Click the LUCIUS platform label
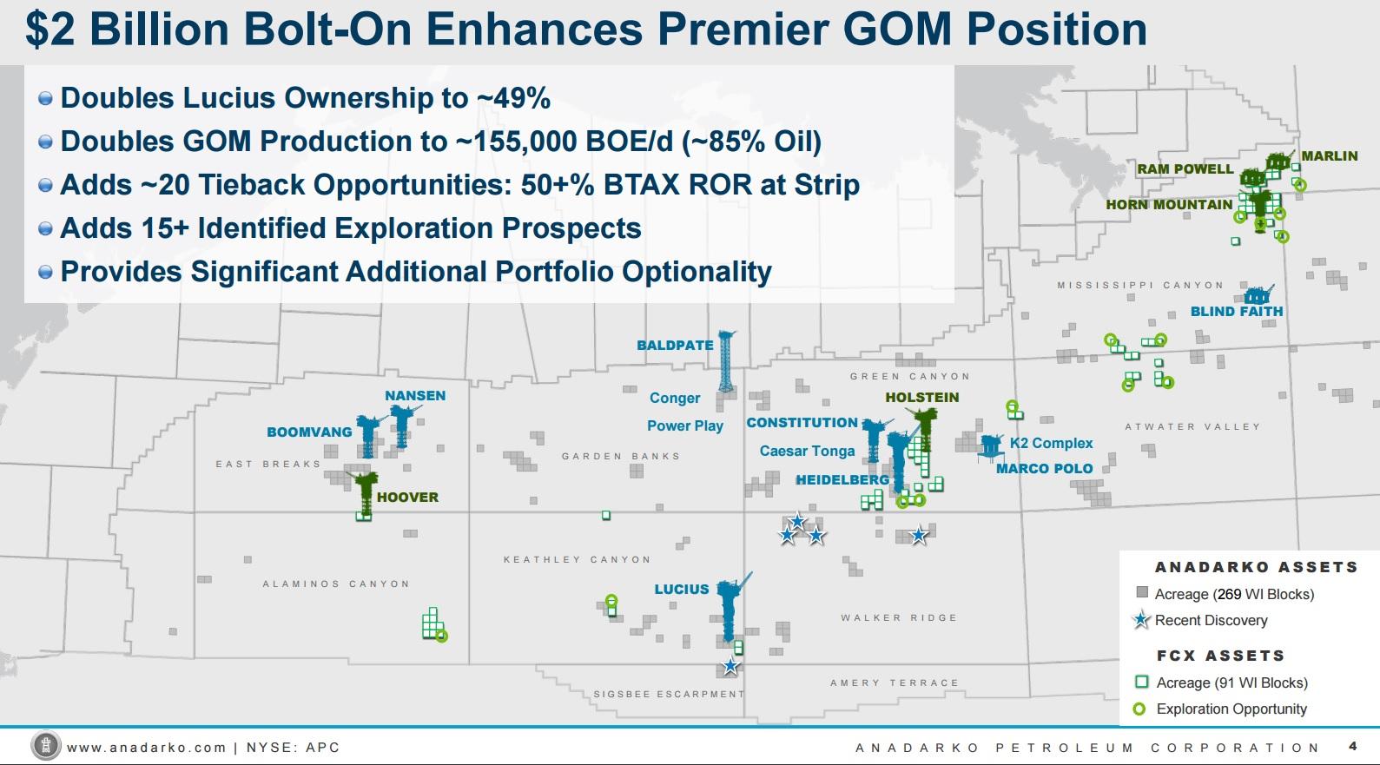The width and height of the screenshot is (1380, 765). tap(681, 589)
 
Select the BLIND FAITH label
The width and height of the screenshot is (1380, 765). tap(1236, 311)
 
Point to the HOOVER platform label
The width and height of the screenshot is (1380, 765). tap(407, 497)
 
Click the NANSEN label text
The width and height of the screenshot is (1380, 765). tap(415, 395)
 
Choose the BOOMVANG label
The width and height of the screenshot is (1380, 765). tap(309, 432)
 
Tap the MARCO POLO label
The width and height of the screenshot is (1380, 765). tap(1044, 468)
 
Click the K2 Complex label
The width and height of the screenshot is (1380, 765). tap(1051, 443)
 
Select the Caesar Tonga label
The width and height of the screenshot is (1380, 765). tap(807, 451)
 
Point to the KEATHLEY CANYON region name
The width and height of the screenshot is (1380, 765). tap(577, 559)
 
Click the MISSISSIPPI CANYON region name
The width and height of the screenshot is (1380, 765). tap(1139, 285)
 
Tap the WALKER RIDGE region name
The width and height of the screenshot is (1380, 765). tap(898, 617)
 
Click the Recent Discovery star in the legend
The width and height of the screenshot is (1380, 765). tap(1142, 620)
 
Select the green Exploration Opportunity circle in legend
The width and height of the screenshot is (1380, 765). tap(1139, 709)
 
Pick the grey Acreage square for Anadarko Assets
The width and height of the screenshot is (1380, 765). tap(1142, 593)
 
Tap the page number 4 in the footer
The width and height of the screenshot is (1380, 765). tap(1352, 746)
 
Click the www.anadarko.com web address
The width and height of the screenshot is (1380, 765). tap(146, 747)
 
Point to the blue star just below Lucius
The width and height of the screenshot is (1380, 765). tap(730, 666)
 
